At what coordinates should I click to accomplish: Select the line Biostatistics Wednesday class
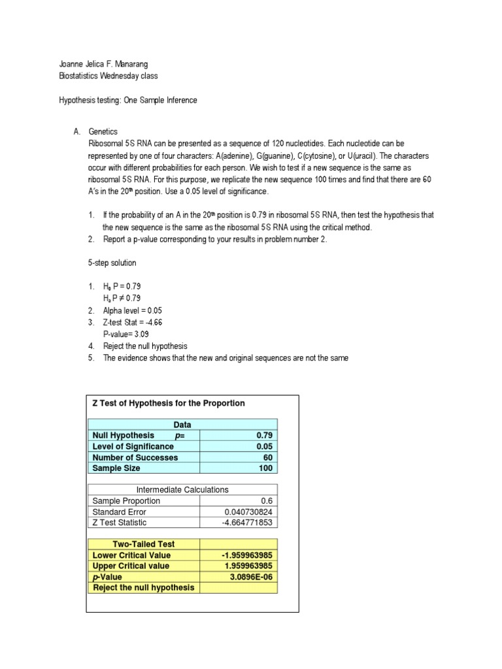click(108, 76)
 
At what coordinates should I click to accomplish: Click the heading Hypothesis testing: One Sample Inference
click(127, 100)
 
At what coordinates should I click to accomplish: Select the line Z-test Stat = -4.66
click(133, 322)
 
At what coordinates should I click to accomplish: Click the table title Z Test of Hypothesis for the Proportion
click(169, 403)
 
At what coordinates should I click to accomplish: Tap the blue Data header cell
click(182, 425)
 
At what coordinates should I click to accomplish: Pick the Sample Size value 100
click(264, 468)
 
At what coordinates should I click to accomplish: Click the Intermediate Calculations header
click(182, 489)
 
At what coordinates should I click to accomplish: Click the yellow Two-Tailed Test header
click(144, 544)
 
